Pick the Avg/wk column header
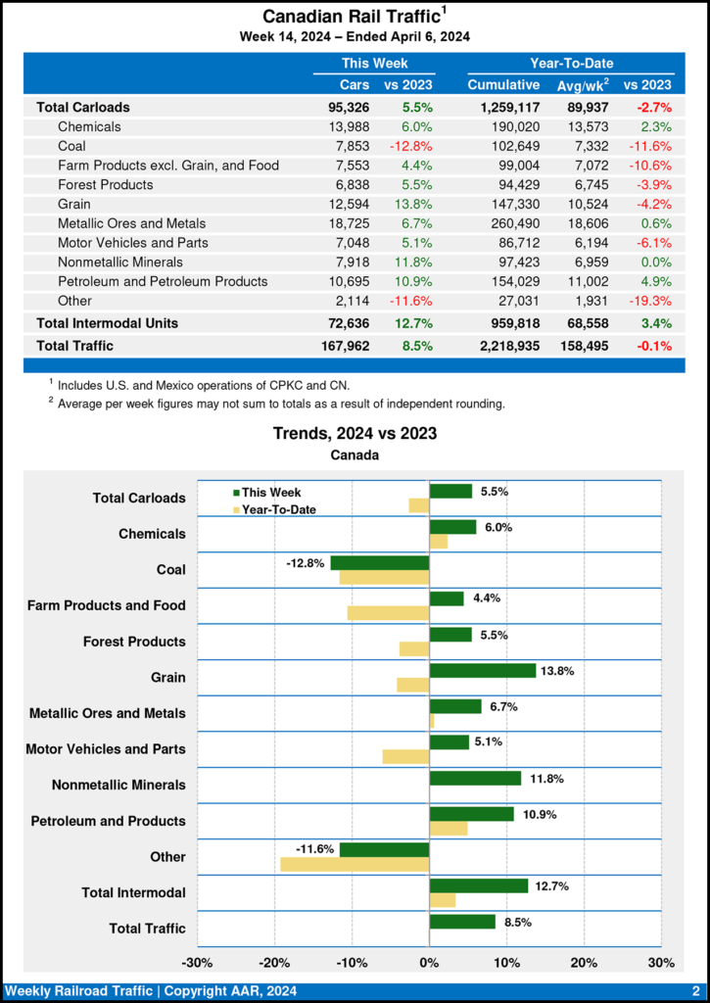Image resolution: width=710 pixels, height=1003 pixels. point(584,85)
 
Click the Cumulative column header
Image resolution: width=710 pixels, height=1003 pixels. point(504,85)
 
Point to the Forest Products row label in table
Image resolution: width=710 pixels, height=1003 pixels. point(105,184)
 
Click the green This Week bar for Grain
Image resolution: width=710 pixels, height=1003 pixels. point(483,671)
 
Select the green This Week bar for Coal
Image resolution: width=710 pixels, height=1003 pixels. point(380,563)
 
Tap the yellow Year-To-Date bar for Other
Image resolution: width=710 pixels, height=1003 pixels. point(355,864)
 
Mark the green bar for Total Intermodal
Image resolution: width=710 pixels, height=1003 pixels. point(479,885)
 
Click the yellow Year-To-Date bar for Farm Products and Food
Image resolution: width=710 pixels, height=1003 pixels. point(388,613)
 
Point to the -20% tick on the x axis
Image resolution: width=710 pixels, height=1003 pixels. point(274,963)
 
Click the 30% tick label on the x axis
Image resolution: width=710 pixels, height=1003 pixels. point(661,963)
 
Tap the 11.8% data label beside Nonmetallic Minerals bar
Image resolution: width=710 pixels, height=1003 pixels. point(545,779)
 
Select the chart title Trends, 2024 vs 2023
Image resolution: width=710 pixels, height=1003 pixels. point(355,432)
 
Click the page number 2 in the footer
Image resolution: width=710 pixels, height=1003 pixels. point(694,991)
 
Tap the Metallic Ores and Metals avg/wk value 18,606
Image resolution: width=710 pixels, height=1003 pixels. point(584,223)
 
